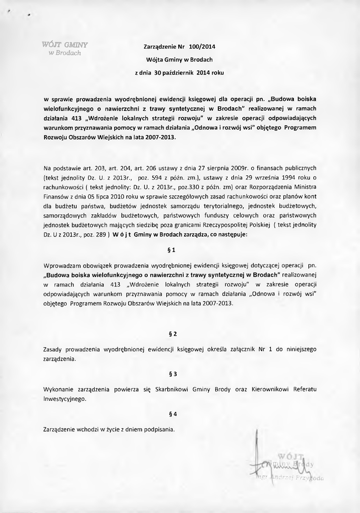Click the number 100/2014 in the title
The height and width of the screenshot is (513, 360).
click(x=202, y=48)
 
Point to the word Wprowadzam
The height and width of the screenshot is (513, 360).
click(x=64, y=265)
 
